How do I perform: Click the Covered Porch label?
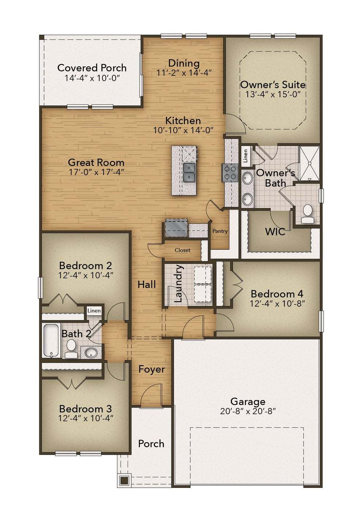(x=92, y=68)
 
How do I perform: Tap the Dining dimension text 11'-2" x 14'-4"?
(x=184, y=73)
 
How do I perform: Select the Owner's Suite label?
(x=272, y=85)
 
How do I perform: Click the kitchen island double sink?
(x=189, y=172)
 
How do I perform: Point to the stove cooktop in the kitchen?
(x=230, y=173)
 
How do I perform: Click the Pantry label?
(x=220, y=231)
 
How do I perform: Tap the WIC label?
(x=275, y=232)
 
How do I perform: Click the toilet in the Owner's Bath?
(x=307, y=213)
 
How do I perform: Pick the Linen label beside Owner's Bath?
(x=245, y=156)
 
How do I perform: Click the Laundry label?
(x=178, y=284)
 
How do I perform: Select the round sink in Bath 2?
(x=91, y=353)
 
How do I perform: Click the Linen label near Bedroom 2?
(x=94, y=311)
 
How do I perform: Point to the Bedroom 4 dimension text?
(x=277, y=303)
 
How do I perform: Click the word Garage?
(x=248, y=401)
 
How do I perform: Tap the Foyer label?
(x=152, y=369)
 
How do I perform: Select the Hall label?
(x=147, y=285)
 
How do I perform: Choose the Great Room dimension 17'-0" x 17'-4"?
(x=96, y=172)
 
